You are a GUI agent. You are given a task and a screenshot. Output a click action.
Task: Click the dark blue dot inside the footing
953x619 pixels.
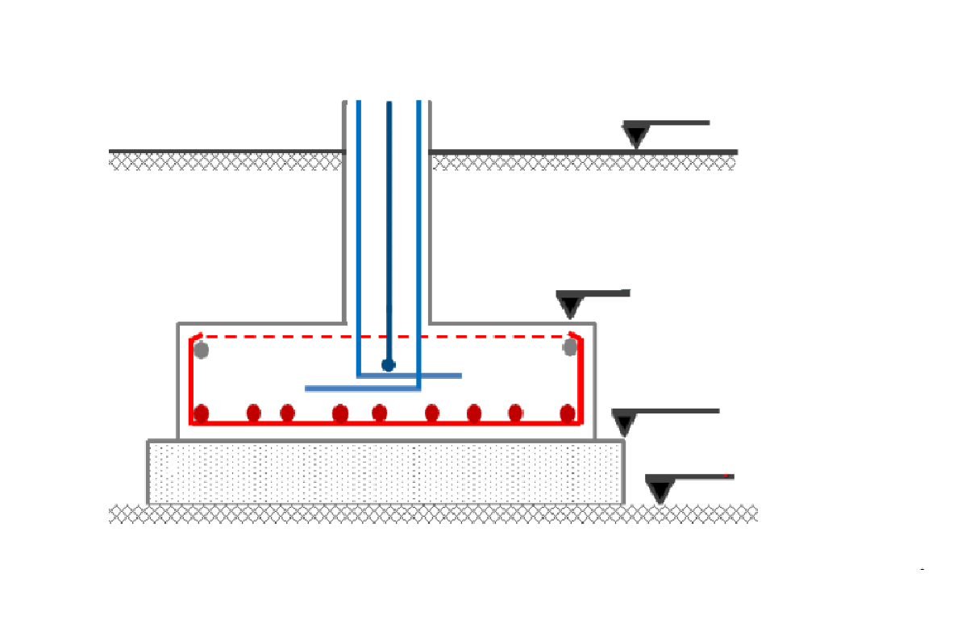pos(388,365)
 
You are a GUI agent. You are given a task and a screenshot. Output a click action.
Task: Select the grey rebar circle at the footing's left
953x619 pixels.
pos(202,351)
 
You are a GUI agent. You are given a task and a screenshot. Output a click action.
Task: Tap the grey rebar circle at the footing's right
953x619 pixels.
pos(570,347)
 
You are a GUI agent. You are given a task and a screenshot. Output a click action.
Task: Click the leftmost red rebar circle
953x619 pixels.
pos(202,414)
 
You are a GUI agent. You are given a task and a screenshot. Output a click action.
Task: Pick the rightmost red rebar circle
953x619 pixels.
pos(568,414)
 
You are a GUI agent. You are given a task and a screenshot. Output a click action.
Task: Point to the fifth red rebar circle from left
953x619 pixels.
pos(379,414)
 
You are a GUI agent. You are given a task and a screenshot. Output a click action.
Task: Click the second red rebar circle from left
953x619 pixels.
pos(254,414)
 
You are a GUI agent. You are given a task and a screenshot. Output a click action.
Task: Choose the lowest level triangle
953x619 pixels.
pos(660,489)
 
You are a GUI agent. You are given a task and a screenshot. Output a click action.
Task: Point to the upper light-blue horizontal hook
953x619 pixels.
pos(439,376)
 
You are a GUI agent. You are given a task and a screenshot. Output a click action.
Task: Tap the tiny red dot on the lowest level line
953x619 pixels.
pos(726,476)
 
